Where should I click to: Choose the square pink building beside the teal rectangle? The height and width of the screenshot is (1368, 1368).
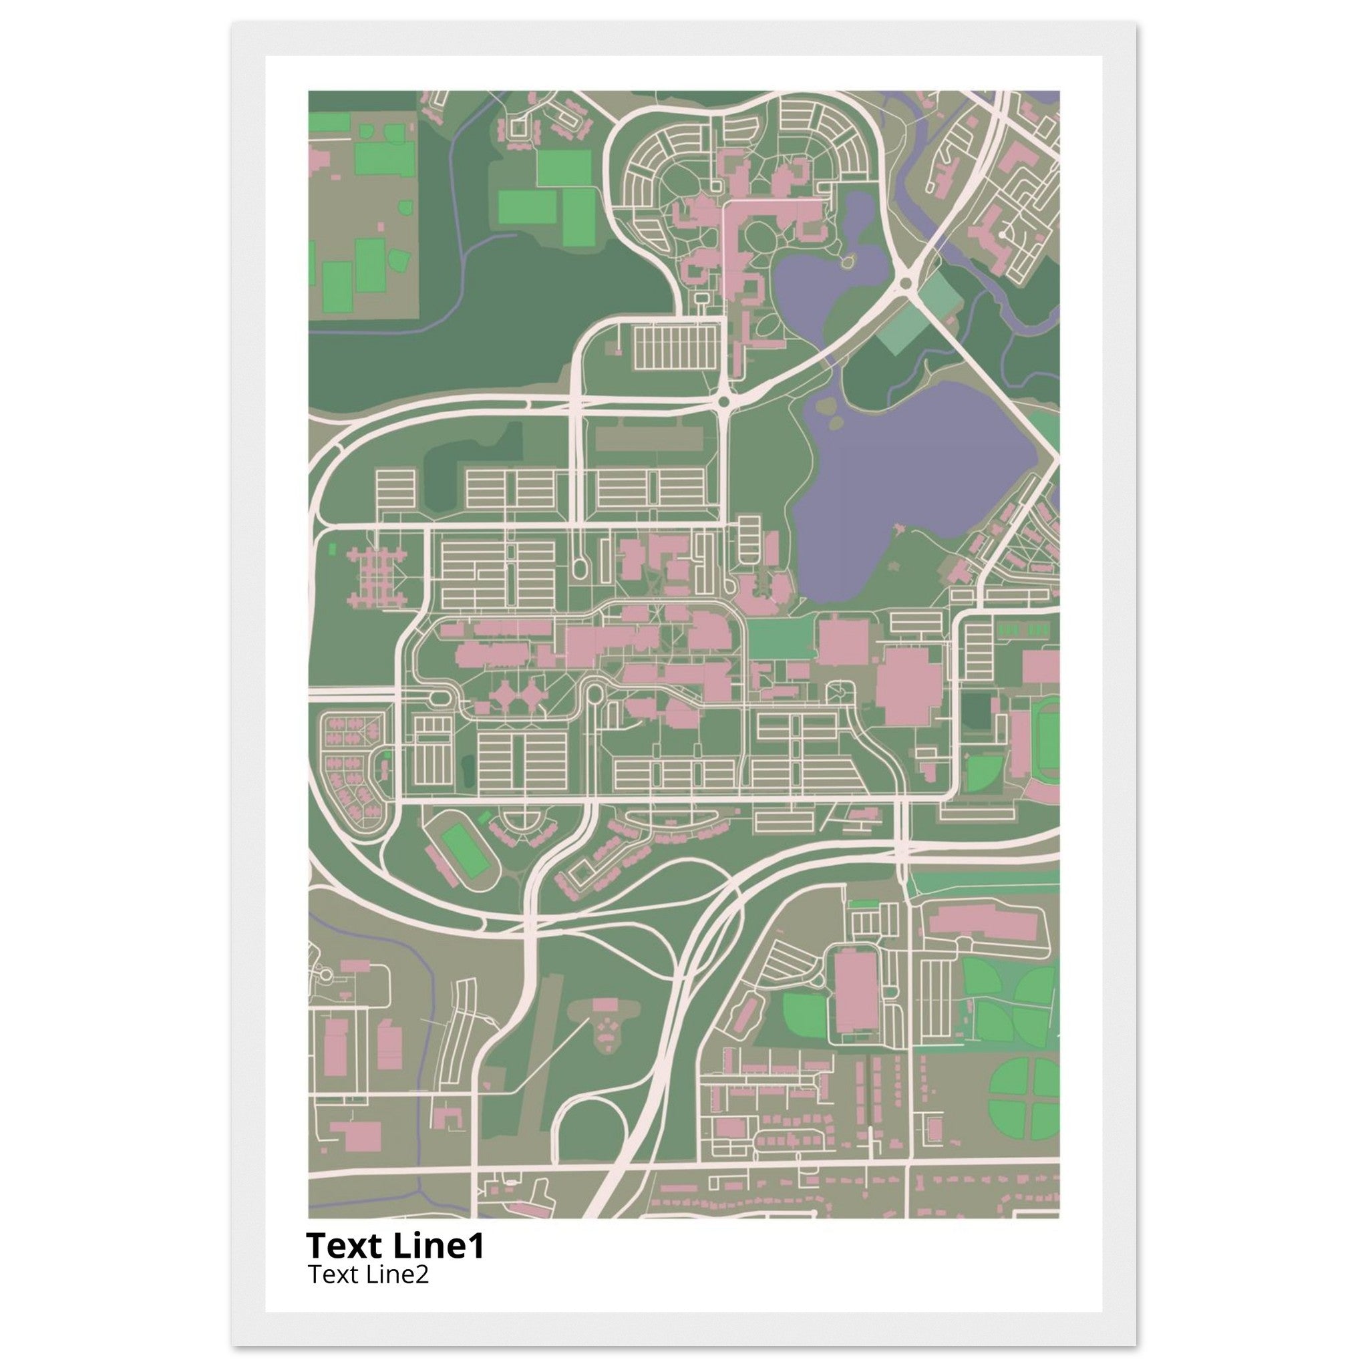[x=844, y=641]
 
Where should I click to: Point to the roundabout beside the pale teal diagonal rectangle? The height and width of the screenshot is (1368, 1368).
[x=904, y=284]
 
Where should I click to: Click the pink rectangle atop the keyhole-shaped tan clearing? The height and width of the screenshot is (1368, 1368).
[x=605, y=1004]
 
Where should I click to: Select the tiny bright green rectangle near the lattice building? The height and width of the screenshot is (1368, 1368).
[x=333, y=546]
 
